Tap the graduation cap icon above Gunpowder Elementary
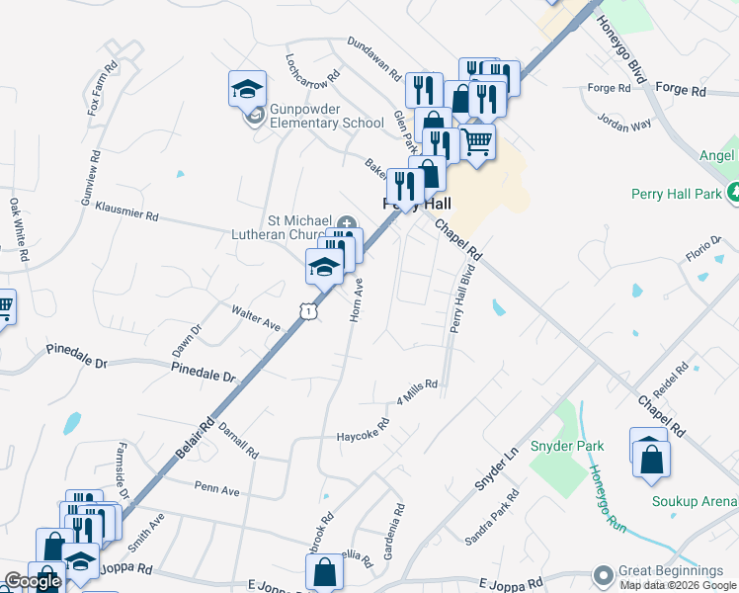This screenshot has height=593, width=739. (247, 90)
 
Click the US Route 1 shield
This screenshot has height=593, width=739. (309, 311)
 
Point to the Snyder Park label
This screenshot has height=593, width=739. (576, 447)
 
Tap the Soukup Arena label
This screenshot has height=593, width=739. (695, 501)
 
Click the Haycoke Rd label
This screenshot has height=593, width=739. (363, 432)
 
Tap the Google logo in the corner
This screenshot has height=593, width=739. (32, 581)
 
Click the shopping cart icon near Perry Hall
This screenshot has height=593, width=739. (477, 144)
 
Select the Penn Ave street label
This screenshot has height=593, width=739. (217, 489)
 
